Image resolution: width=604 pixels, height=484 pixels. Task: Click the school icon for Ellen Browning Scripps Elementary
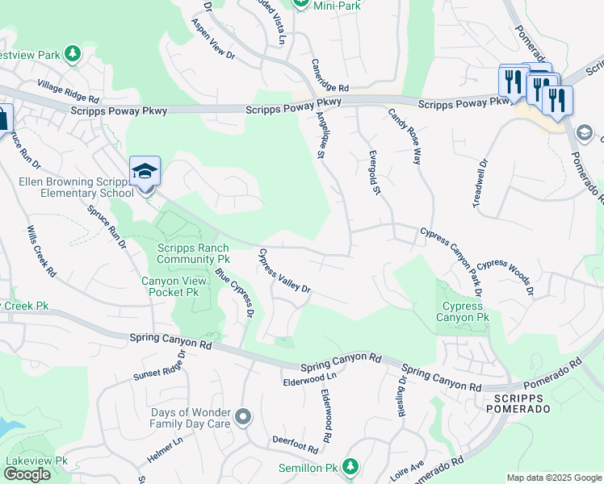click(x=145, y=171)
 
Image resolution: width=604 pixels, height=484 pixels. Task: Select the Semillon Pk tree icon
click(x=350, y=466)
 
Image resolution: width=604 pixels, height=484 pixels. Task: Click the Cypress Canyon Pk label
click(x=463, y=311)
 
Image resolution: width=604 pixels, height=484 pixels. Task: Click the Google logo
click(x=27, y=474)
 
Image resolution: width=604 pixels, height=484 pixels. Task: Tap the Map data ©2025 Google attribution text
click(x=553, y=478)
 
